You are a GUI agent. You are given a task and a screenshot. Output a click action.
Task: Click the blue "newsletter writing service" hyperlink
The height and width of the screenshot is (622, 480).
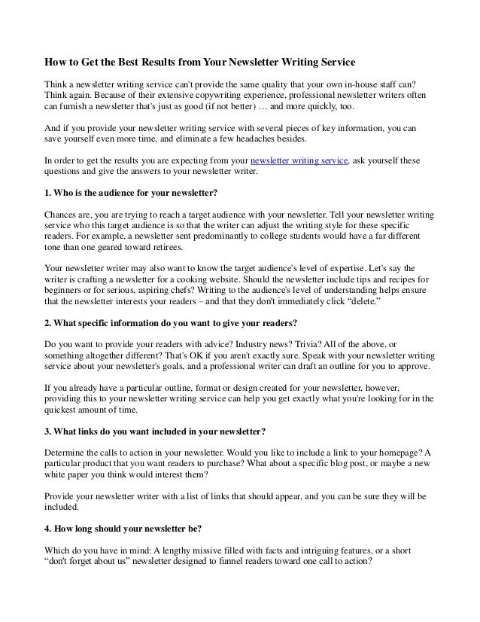[299, 161]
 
